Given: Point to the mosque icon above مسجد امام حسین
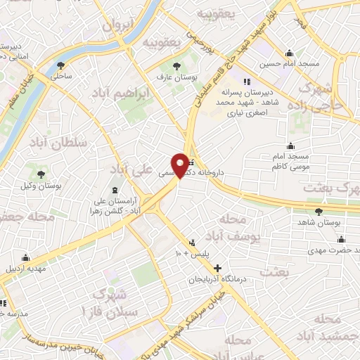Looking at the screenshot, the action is coord(289,52).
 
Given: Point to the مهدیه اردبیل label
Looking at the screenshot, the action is coord(26,268).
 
